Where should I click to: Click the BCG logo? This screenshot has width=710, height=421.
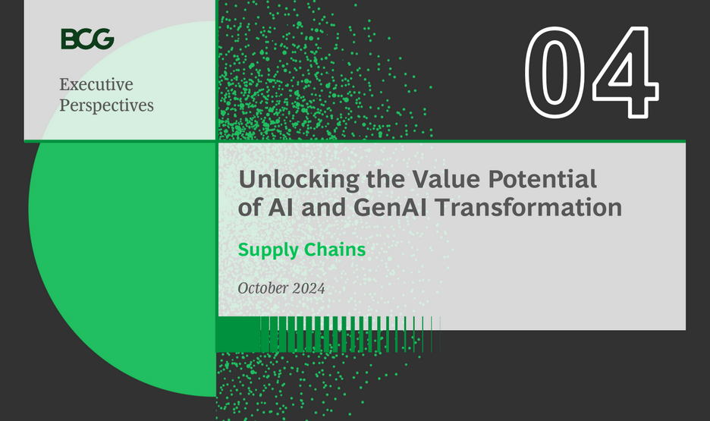(x=87, y=38)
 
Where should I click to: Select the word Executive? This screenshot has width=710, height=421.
(x=96, y=84)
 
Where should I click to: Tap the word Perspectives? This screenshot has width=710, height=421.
(x=106, y=105)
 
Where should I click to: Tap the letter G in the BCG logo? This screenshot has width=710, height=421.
(x=104, y=38)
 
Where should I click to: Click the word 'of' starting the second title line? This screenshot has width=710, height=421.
(x=248, y=207)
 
